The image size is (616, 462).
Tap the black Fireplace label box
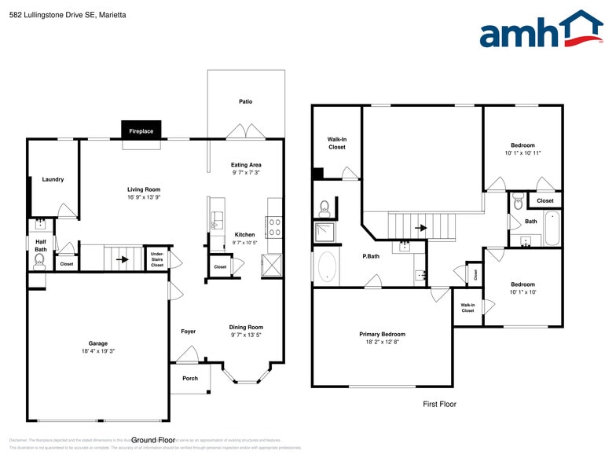pyautogui.click(x=141, y=131)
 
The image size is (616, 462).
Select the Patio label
pyautogui.click(x=246, y=101)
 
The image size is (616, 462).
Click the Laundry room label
pyautogui.click(x=53, y=179)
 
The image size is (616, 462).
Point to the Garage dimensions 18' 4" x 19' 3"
pyautogui.click(x=97, y=351)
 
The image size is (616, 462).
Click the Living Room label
pyautogui.click(x=144, y=189)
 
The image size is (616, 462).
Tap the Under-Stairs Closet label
pyautogui.click(x=157, y=259)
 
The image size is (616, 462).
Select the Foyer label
pyautogui.click(x=189, y=332)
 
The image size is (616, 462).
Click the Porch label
pyautogui.click(x=189, y=378)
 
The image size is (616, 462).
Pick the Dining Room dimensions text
pyautogui.click(x=247, y=335)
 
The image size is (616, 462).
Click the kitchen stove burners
pyautogui.click(x=275, y=227)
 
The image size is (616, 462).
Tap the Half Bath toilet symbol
pyautogui.click(x=39, y=260)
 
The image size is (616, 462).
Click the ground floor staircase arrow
pyautogui.click(x=122, y=258)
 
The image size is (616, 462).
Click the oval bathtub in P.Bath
pyautogui.click(x=326, y=267)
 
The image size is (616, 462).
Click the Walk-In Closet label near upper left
pyautogui.click(x=336, y=143)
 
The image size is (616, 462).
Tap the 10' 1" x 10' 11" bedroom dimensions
pyautogui.click(x=522, y=153)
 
